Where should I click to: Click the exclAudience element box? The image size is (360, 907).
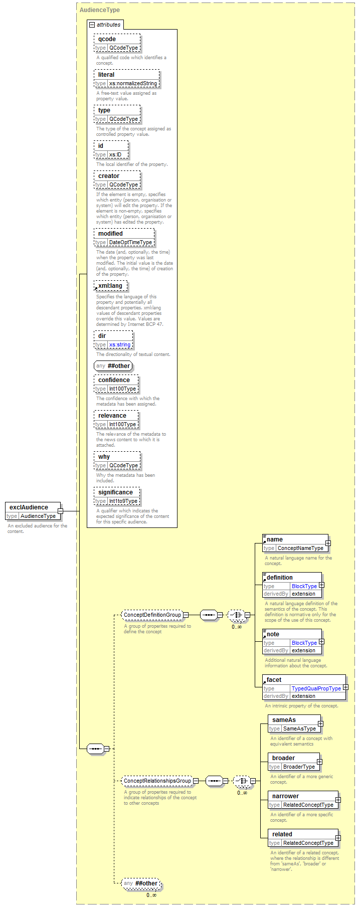(x=33, y=511)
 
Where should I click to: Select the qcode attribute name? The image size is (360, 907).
(x=107, y=39)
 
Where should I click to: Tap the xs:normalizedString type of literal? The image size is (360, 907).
(x=133, y=84)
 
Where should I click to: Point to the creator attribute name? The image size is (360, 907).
(x=109, y=176)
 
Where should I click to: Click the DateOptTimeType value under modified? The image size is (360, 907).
(x=130, y=243)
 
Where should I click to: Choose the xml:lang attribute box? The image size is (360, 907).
(x=111, y=286)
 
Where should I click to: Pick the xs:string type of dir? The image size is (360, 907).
(x=120, y=345)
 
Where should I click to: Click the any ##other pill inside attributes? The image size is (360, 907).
(x=113, y=366)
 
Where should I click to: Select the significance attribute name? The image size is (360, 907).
(x=115, y=492)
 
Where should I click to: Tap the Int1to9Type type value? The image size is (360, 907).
(x=123, y=501)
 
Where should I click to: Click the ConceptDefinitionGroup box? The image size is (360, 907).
(x=152, y=615)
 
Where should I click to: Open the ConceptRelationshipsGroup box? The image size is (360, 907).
(x=157, y=781)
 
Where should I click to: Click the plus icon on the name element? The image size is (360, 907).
(x=328, y=543)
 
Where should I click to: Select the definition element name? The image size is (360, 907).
(x=280, y=578)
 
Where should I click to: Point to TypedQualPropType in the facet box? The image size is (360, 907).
(x=316, y=689)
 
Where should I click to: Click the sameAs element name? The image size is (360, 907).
(x=284, y=720)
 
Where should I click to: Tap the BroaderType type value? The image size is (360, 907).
(x=299, y=767)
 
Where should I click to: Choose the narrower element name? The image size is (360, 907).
(x=285, y=796)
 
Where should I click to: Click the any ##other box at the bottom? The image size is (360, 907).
(x=141, y=883)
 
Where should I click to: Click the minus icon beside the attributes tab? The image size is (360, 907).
(x=92, y=25)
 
